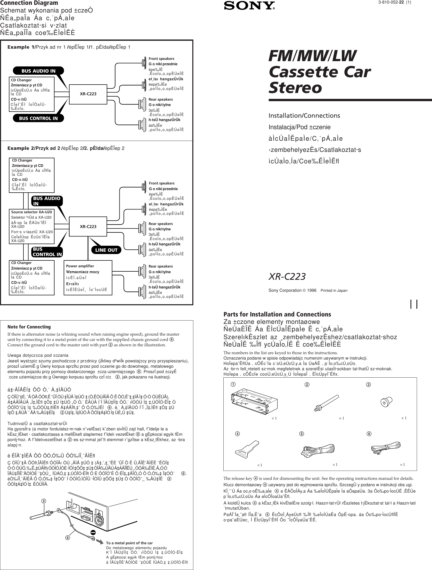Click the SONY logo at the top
(249, 6)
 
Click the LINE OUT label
(106, 250)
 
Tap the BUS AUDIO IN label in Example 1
(38, 71)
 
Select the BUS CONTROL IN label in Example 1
(38, 118)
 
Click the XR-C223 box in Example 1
(88, 94)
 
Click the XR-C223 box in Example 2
(88, 227)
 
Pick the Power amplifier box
(88, 277)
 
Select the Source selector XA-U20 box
(32, 226)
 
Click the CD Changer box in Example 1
(32, 94)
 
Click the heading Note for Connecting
(29, 327)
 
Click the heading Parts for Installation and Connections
(277, 314)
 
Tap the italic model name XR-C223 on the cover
(287, 276)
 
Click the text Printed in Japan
(334, 290)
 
